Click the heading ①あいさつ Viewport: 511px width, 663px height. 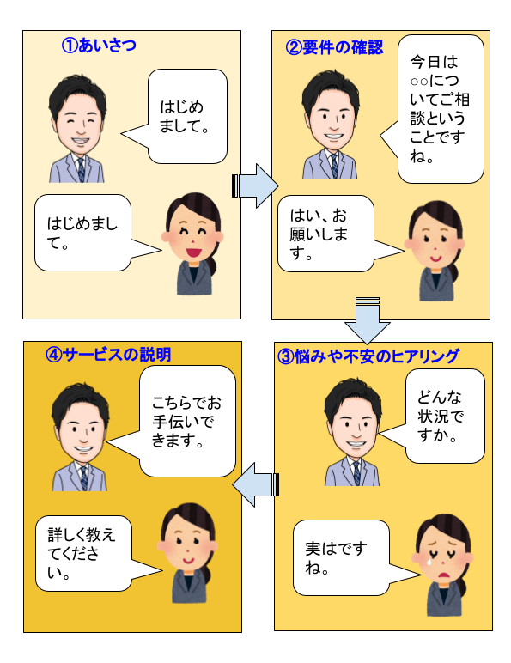[99, 45]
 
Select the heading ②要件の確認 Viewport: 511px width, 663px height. [334, 47]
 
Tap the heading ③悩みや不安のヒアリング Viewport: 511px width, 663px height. [368, 356]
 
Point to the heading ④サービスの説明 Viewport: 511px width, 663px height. [108, 355]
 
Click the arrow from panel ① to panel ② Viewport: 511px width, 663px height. [255, 186]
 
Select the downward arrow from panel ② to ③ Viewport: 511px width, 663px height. [368, 320]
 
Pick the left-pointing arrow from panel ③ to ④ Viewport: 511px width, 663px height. [256, 484]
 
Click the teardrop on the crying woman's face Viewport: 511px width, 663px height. [429, 562]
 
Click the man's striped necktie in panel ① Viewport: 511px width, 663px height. [81, 169]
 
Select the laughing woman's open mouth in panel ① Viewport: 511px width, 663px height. [193, 252]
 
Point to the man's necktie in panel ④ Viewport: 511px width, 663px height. [84, 478]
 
